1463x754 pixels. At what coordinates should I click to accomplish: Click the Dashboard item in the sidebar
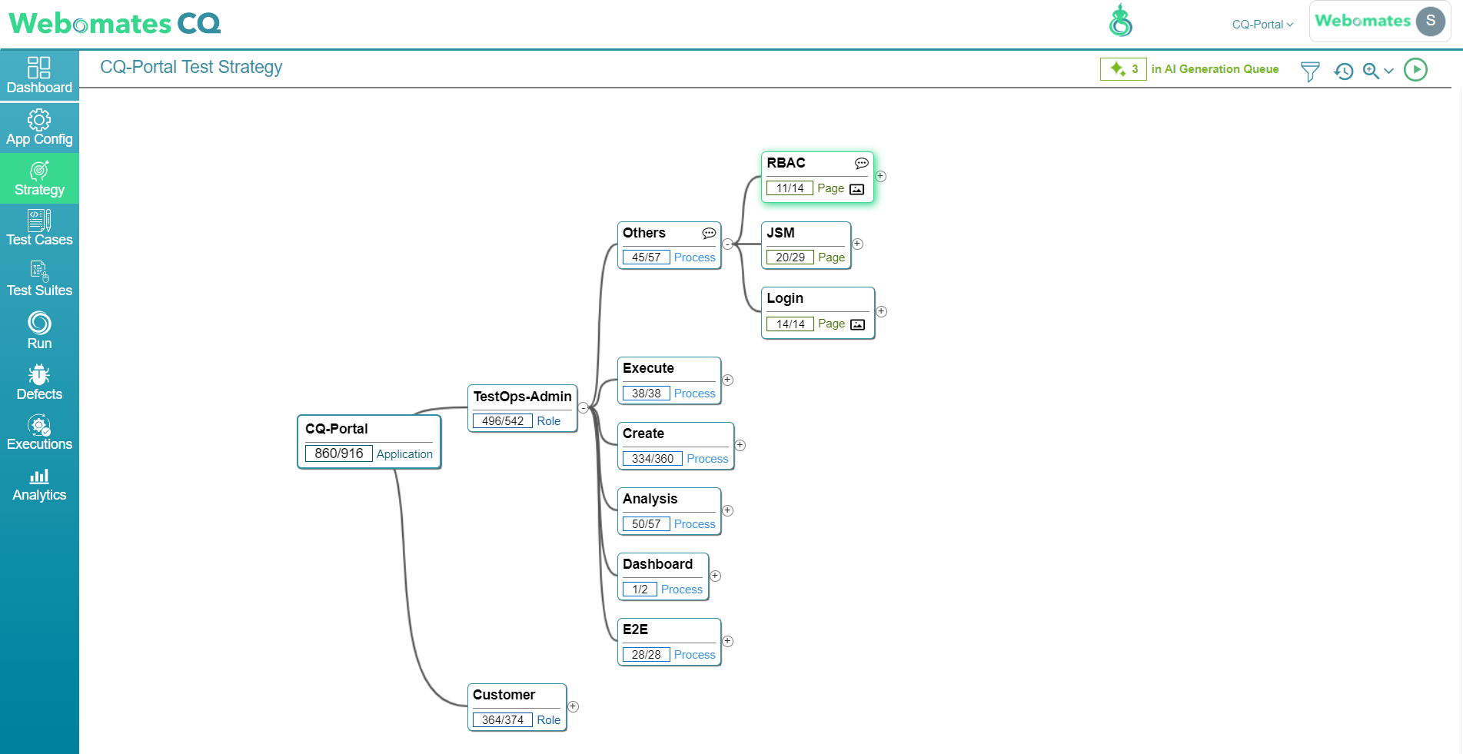(39, 75)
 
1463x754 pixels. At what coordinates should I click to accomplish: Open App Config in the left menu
(39, 128)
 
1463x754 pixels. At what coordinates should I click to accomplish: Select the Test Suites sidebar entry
(39, 279)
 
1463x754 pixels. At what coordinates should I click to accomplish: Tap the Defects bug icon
(39, 374)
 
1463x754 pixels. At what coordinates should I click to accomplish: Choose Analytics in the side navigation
(39, 484)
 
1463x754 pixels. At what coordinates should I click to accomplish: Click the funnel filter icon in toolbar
(1310, 71)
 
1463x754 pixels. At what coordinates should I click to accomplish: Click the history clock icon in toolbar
(1344, 71)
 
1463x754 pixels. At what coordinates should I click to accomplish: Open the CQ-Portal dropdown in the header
(1262, 25)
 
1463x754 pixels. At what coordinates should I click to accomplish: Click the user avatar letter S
(1431, 21)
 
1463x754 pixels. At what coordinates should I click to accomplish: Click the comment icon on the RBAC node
(862, 163)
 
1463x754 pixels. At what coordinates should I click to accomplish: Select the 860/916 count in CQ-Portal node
(339, 453)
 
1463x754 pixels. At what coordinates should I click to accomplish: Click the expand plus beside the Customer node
(573, 706)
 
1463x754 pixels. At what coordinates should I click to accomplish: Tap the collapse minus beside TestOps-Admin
(584, 408)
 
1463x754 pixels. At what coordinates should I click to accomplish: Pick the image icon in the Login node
(857, 324)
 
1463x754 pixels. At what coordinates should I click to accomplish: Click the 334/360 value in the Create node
(653, 459)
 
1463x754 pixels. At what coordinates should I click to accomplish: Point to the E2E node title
(635, 629)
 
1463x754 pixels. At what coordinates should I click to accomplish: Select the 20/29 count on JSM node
(790, 257)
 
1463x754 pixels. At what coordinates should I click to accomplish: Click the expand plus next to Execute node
(727, 380)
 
